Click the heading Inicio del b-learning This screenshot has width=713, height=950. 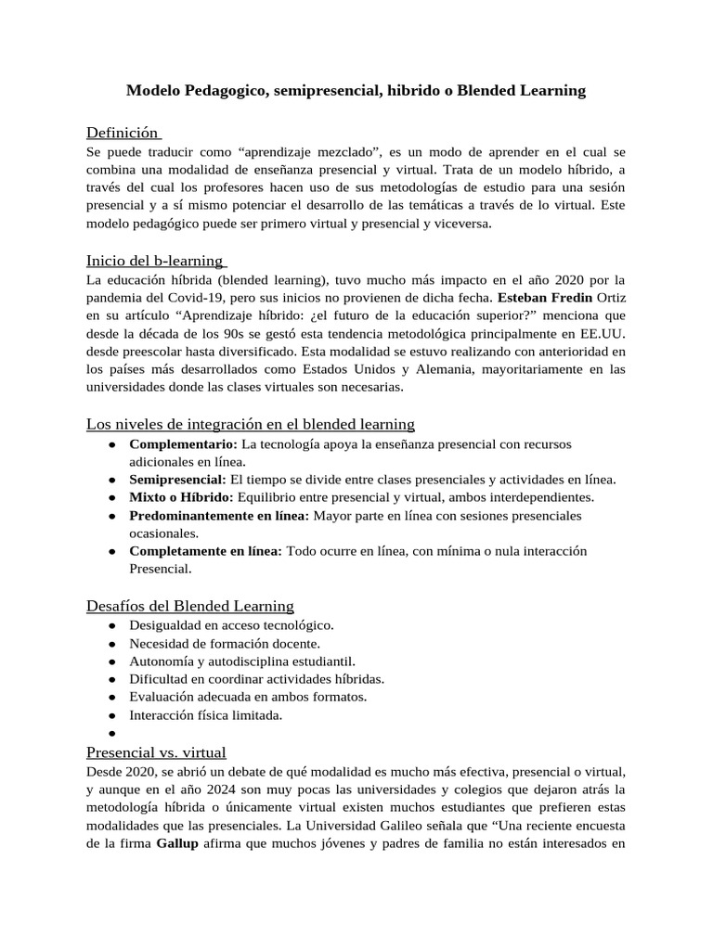pos(155,261)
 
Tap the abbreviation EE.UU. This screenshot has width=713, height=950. pos(602,334)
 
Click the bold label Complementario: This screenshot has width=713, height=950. pos(183,443)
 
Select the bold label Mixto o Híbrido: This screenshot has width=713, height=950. pos(181,496)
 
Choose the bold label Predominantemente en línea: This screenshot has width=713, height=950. pos(219,515)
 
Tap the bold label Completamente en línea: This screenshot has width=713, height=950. pos(205,551)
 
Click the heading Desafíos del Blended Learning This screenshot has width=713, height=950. pos(190,606)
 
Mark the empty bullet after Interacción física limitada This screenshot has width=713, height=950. pos(110,733)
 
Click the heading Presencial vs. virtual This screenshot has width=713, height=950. pos(156,751)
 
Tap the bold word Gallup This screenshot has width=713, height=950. pos(176,843)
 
